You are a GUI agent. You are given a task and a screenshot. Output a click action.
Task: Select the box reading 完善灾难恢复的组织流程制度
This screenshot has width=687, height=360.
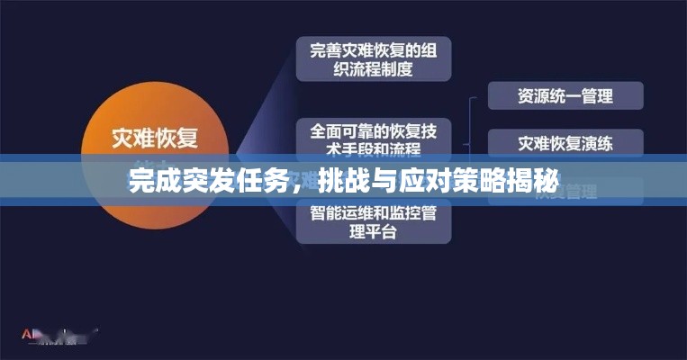374,58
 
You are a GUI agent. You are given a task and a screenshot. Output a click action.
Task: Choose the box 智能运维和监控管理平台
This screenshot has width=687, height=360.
374,221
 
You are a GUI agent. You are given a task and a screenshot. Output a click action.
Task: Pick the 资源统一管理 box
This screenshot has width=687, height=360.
565,95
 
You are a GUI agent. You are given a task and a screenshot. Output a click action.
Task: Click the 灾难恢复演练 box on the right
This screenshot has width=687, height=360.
565,142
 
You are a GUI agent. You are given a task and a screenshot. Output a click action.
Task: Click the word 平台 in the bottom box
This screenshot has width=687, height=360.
383,231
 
